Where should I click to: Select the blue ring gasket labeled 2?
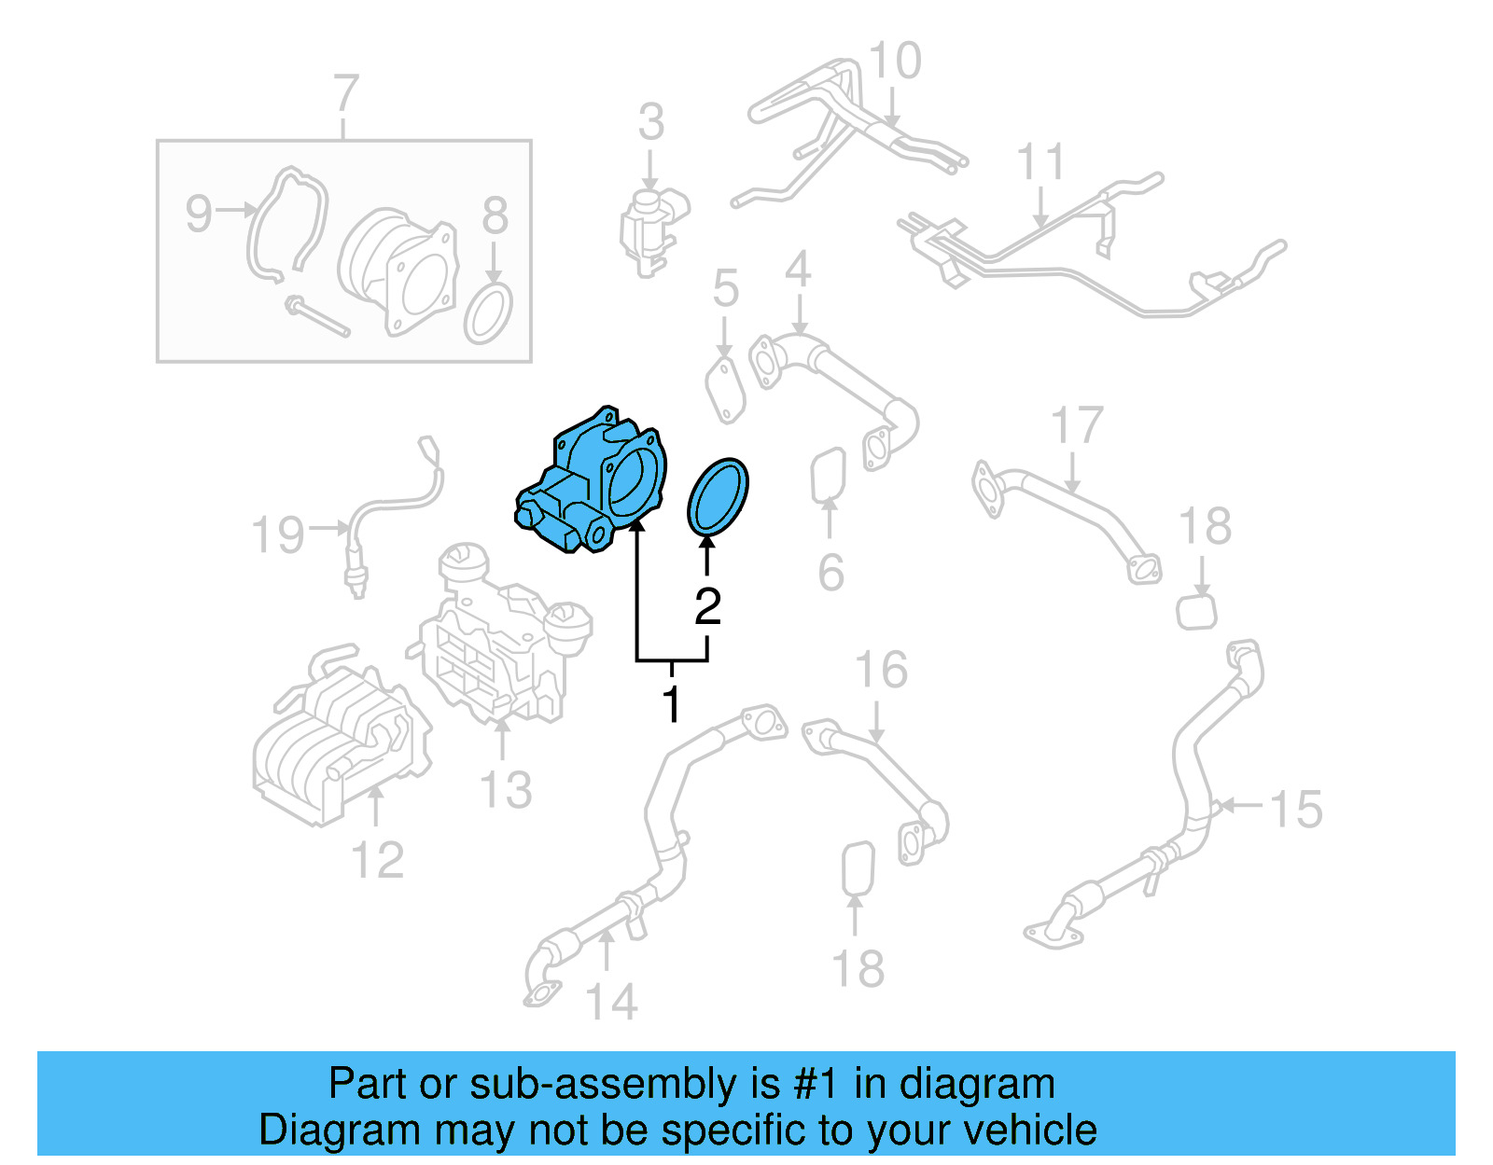(x=718, y=497)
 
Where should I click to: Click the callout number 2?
(x=707, y=607)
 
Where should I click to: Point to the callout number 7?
(x=345, y=94)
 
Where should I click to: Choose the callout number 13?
(x=505, y=790)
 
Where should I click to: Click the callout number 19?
(x=278, y=535)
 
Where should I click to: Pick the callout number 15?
(x=1296, y=809)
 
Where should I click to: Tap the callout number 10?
(x=894, y=62)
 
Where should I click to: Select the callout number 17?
(x=1077, y=426)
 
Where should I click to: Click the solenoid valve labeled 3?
(x=651, y=224)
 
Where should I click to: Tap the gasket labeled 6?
(x=828, y=476)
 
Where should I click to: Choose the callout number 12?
(x=377, y=860)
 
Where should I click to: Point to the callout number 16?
(x=881, y=671)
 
